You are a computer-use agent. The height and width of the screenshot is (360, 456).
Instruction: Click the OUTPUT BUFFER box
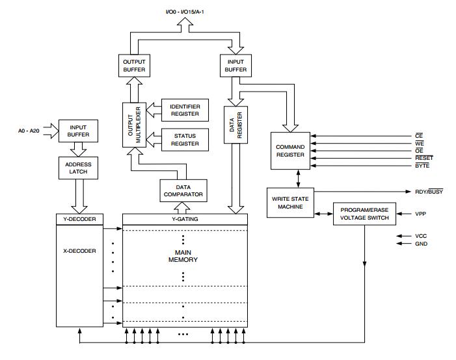(133, 66)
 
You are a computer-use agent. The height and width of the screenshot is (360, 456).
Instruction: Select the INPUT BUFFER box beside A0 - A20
(77, 131)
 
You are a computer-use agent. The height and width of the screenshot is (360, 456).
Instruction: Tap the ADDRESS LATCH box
(77, 168)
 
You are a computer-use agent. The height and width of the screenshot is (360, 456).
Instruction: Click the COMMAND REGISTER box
(289, 151)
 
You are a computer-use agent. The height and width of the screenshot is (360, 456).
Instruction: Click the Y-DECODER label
(79, 219)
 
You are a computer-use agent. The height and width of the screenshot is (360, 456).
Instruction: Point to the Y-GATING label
(185, 219)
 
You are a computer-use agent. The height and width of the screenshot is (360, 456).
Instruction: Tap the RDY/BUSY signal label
(429, 192)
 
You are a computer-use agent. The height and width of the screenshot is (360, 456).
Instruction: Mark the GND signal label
(421, 243)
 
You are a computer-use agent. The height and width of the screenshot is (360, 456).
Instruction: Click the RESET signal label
(423, 158)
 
